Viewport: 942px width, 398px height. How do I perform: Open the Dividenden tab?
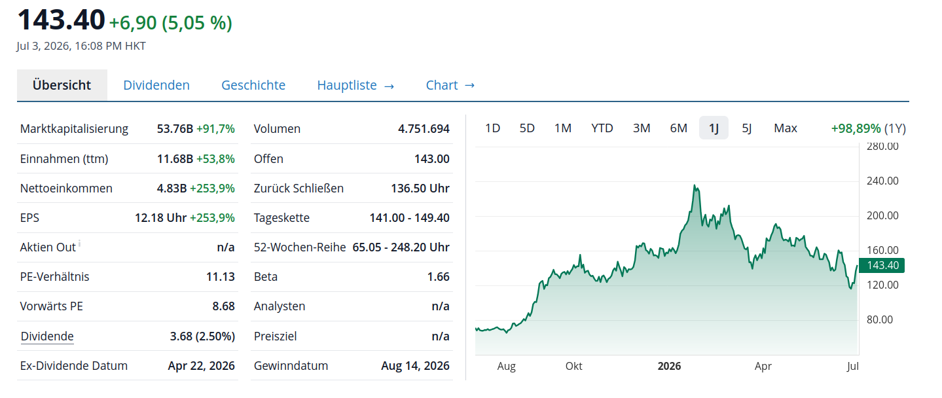pyautogui.click(x=156, y=85)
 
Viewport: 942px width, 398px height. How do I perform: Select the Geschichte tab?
pyautogui.click(x=253, y=85)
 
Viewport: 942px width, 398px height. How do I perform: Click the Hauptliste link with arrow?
pyautogui.click(x=355, y=85)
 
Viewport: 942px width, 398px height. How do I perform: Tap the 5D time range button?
pyautogui.click(x=527, y=128)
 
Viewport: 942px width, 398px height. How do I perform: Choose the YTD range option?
pyautogui.click(x=602, y=128)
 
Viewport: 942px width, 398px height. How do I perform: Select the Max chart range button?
pyautogui.click(x=785, y=128)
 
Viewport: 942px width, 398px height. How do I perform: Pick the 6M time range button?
pyautogui.click(x=678, y=128)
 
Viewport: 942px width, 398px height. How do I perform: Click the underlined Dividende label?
pyautogui.click(x=47, y=336)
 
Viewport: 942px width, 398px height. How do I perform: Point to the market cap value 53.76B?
pyautogui.click(x=175, y=129)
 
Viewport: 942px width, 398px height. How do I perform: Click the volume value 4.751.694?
pyautogui.click(x=424, y=129)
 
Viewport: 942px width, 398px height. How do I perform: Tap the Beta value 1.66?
pyautogui.click(x=438, y=277)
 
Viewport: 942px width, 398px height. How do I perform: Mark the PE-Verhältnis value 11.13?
pyautogui.click(x=221, y=277)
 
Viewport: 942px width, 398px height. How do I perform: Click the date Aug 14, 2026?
pyautogui.click(x=415, y=366)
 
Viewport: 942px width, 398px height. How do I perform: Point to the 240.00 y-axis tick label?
pyautogui.click(x=882, y=181)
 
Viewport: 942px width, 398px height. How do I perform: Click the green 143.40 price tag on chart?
pyautogui.click(x=881, y=266)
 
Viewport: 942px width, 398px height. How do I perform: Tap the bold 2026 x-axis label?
pyautogui.click(x=669, y=366)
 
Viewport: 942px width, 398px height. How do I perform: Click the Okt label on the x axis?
pyautogui.click(x=573, y=366)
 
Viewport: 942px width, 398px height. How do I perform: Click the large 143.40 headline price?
pyautogui.click(x=61, y=20)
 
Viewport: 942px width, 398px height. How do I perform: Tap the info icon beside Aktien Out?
pyautogui.click(x=79, y=243)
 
